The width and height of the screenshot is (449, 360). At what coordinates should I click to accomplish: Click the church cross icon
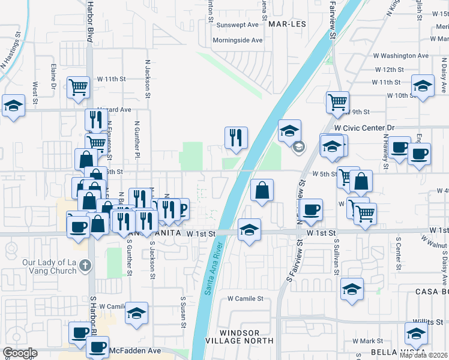click(85, 265)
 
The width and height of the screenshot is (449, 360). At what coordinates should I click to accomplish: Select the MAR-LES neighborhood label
click(287, 25)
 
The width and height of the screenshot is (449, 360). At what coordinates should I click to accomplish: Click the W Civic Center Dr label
click(364, 128)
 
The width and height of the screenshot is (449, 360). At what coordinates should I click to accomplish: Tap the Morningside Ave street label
click(238, 40)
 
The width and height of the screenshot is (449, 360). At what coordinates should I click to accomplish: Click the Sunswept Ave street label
click(237, 25)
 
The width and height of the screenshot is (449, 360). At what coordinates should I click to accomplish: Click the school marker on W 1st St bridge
click(250, 229)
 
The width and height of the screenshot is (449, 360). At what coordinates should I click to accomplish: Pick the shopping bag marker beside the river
click(262, 190)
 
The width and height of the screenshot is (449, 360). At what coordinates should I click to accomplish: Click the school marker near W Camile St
click(137, 313)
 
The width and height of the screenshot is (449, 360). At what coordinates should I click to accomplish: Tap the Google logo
click(20, 353)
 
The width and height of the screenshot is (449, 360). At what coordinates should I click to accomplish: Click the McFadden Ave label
click(135, 350)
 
